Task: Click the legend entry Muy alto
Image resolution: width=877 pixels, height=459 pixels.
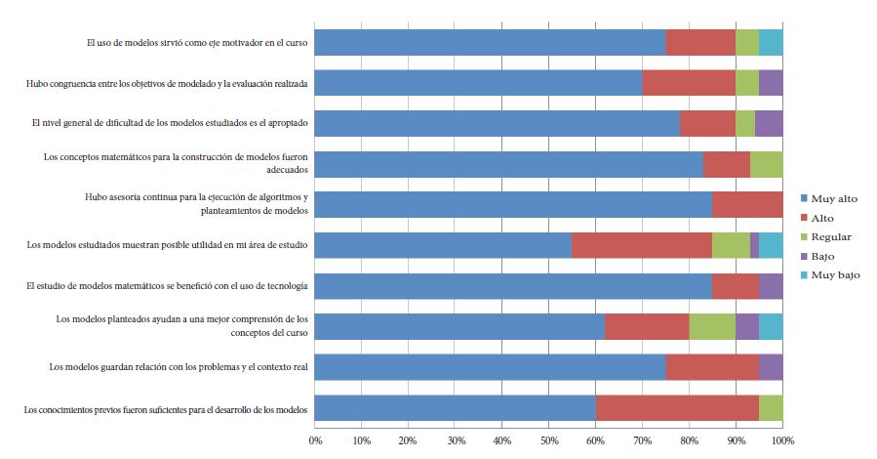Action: [x=834, y=199]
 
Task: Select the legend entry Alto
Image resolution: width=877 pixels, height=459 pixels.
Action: [x=822, y=218]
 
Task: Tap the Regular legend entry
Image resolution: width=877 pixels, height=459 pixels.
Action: [x=830, y=237]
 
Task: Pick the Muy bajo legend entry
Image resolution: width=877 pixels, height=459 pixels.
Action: [x=835, y=275]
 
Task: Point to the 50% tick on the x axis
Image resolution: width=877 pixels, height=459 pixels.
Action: [x=549, y=442]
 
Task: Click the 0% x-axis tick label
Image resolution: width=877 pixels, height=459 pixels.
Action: [x=315, y=442]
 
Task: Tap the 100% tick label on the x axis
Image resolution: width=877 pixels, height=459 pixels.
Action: [x=781, y=442]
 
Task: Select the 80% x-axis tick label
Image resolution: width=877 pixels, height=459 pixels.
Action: [x=690, y=442]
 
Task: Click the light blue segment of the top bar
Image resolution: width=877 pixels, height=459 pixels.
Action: [x=771, y=42]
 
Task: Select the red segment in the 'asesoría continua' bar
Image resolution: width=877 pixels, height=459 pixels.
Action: [x=747, y=204]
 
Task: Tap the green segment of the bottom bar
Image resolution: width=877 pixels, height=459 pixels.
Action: [x=771, y=408]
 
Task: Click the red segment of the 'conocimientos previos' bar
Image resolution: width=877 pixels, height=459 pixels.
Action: [x=677, y=408]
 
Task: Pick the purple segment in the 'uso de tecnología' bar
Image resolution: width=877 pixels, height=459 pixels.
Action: [x=771, y=286]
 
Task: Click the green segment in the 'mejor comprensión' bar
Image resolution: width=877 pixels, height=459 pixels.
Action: [x=712, y=326]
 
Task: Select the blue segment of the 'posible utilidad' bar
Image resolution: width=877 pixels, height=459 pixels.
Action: [x=443, y=245]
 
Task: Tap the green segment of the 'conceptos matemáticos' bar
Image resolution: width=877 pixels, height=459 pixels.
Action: [x=766, y=164]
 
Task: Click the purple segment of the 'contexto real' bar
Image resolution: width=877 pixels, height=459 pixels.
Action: [x=771, y=367]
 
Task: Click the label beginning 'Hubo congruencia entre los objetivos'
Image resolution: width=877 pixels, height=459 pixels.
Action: [x=167, y=84]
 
